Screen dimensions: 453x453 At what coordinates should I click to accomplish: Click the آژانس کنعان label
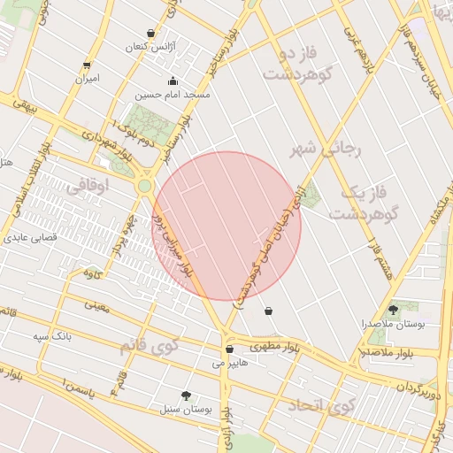tap(158, 45)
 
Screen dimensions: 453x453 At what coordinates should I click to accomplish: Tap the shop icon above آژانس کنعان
tap(150, 34)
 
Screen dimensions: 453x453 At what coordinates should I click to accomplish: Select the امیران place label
tap(86, 78)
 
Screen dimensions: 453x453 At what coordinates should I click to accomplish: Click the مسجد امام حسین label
tap(173, 94)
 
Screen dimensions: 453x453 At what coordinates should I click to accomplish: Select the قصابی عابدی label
tap(31, 238)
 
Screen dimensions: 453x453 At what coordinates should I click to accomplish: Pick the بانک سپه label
tap(52, 336)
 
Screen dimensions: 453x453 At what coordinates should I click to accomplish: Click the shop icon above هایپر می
tap(229, 349)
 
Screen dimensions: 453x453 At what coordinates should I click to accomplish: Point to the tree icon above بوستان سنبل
tap(186, 395)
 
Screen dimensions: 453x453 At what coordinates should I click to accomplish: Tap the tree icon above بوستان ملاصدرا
tap(393, 310)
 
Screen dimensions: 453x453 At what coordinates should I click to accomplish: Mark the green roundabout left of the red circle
tap(144, 187)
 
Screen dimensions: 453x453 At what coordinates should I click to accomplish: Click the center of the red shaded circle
tap(226, 226)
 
